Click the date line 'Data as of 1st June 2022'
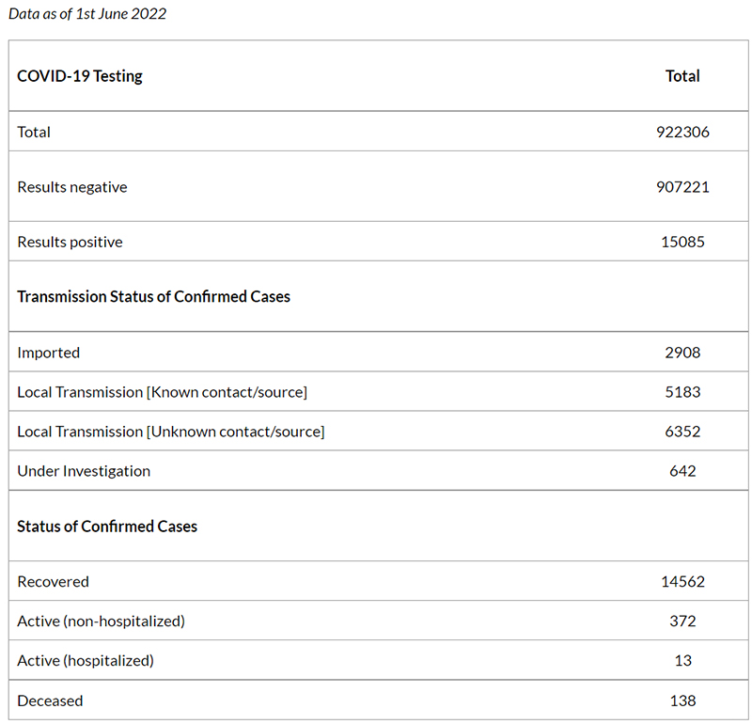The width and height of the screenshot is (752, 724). coord(87,14)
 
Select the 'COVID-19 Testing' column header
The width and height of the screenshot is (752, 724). coord(80,76)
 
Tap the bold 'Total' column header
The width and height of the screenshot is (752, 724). coord(682,76)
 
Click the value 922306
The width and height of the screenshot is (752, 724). coord(682,132)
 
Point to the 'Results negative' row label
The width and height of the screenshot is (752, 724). coord(72,187)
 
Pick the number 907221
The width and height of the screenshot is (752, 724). coord(682,186)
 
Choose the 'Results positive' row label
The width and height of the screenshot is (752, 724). coord(70,242)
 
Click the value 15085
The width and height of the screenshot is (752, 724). coord(682,242)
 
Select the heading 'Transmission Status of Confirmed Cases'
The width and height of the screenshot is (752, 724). coord(153,296)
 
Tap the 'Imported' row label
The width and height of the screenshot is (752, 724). coord(49,353)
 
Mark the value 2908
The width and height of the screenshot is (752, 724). coord(682,353)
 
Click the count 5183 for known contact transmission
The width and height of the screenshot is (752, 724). coord(682,392)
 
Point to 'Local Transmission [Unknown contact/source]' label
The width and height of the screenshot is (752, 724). coord(171,432)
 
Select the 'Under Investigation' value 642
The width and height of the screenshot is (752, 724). coord(682,471)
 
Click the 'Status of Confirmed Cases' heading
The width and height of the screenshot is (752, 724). coord(107,527)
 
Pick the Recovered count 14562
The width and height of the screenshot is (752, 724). coord(682,581)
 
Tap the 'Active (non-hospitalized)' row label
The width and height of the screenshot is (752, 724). coord(101,622)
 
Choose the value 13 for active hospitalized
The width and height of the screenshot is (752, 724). coord(683,661)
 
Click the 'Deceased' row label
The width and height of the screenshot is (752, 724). coord(50,701)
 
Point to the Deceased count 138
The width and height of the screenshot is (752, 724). coord(683,701)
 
